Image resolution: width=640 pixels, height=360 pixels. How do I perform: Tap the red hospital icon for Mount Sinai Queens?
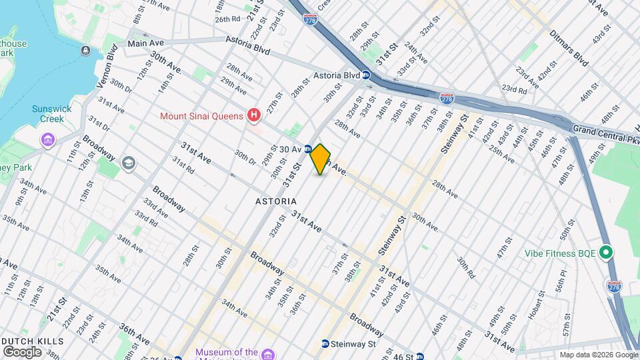click(253, 116)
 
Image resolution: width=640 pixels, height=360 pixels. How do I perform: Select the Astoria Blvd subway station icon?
click(366, 75)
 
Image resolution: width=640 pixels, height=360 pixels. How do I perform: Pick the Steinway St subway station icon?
click(325, 344)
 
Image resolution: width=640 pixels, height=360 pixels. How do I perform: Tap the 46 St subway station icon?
click(419, 357)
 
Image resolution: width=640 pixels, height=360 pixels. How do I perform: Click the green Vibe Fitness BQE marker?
click(605, 253)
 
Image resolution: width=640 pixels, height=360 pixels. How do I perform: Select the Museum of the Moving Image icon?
click(268, 353)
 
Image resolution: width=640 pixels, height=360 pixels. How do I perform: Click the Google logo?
click(22, 351)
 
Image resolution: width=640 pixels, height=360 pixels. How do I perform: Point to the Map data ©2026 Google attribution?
click(598, 355)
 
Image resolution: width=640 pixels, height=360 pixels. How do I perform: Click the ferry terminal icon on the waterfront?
click(86, 51)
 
